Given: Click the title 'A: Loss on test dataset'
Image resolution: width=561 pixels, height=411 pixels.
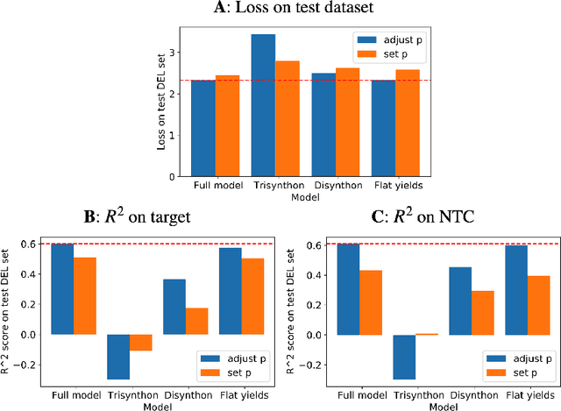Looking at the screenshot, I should click(x=280, y=10).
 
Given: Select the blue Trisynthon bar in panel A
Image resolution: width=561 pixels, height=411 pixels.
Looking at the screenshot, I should click(x=263, y=105).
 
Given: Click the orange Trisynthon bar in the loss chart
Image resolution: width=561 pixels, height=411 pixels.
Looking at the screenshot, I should click(x=288, y=119).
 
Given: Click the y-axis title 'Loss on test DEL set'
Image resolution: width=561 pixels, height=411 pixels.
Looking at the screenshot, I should click(x=161, y=103).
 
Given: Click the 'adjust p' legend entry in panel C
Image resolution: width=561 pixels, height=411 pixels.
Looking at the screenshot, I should click(x=524, y=358).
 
